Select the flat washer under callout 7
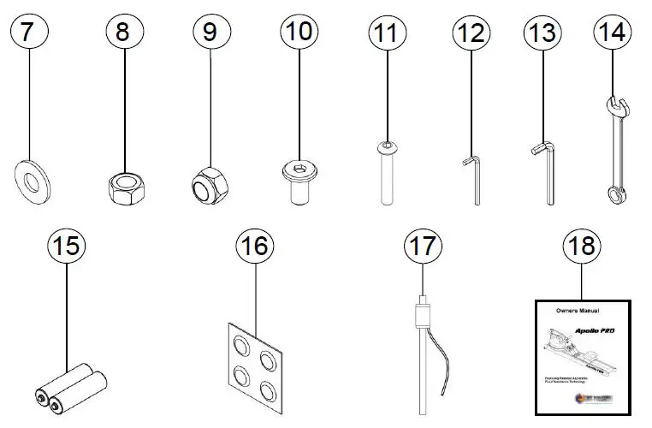point(33,181)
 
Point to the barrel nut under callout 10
point(299,181)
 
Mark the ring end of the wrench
point(614,196)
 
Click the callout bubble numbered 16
point(255,247)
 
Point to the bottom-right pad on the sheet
point(269,389)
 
